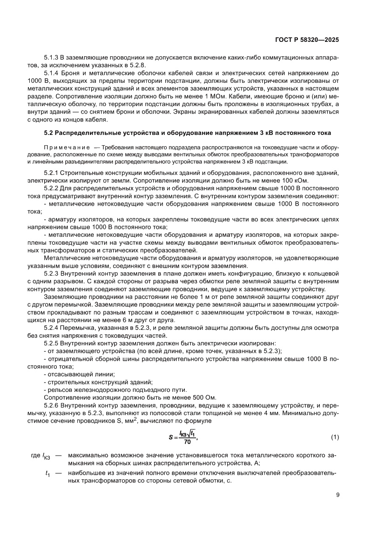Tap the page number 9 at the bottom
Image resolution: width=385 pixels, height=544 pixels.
[338, 495]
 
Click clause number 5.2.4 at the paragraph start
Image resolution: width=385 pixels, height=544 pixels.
[51, 329]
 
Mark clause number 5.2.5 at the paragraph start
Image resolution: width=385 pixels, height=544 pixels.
[51, 343]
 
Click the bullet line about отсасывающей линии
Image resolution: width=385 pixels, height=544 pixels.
[79, 374]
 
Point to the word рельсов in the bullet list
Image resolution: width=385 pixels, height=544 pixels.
[57, 390]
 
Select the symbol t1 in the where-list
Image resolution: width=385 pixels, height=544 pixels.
[47, 474]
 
